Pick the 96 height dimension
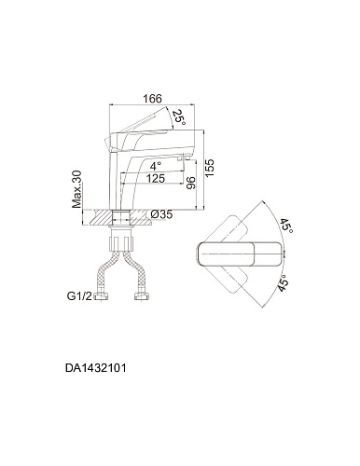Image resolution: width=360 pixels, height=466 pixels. point(190,184)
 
